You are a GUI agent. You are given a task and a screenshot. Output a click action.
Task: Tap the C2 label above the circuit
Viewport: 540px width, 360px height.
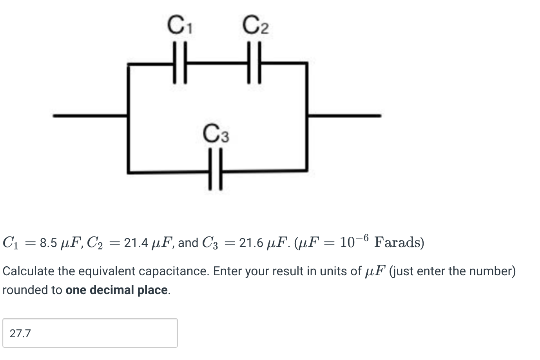pos(256,25)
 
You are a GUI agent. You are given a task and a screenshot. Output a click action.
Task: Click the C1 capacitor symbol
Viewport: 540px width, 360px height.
pos(179,63)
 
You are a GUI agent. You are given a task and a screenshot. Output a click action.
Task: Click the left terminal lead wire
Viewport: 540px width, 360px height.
pos(90,116)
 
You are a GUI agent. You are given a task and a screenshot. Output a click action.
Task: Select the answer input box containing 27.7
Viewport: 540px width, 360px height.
pos(90,333)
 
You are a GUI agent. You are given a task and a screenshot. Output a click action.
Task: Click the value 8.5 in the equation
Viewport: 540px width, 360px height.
pos(49,243)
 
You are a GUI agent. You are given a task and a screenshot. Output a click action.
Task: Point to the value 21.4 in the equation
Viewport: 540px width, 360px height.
pos(136,243)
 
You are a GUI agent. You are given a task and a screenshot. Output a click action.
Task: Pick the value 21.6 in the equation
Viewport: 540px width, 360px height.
pos(251,243)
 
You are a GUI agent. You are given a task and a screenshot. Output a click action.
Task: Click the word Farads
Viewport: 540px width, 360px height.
pos(399,242)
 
